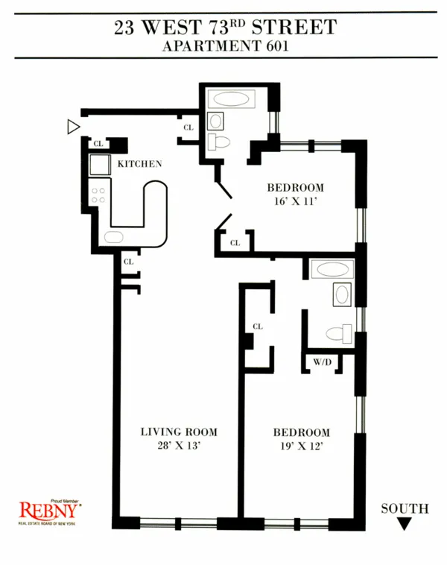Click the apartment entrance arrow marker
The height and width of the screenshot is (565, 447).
(x=72, y=127)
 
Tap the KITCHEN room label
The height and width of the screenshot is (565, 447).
(x=139, y=164)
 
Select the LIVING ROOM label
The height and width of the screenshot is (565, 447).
(x=180, y=432)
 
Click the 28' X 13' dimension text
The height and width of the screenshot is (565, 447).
(x=180, y=446)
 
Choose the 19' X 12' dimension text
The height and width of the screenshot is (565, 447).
(x=301, y=447)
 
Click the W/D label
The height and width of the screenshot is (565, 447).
(x=322, y=363)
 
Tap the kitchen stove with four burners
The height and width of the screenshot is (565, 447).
(x=98, y=196)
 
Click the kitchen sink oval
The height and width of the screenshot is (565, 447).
(x=114, y=238)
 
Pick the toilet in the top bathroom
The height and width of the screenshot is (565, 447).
(x=219, y=142)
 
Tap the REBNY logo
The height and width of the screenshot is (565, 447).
(x=49, y=511)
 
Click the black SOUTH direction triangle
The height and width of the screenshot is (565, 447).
(x=405, y=524)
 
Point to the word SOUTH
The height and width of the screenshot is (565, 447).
(x=405, y=509)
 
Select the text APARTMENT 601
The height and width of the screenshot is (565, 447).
(x=225, y=45)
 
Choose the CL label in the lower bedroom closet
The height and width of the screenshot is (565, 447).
(x=258, y=326)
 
